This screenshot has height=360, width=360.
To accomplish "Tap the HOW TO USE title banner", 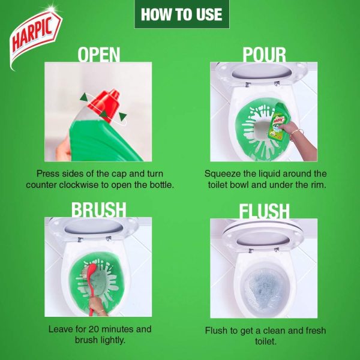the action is [182, 14].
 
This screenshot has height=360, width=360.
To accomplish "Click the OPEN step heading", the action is [99, 55].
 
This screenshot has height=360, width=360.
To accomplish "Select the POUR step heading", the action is [264, 55].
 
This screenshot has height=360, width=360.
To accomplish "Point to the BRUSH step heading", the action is [99, 209].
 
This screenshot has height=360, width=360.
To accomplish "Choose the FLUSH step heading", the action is [264, 211].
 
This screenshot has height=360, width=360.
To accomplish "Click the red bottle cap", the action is [104, 104].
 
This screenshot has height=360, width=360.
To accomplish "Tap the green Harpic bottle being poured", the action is [279, 121].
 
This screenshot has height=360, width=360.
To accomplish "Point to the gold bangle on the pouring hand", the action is [296, 134].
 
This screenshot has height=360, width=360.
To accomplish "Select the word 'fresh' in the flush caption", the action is [316, 331].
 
